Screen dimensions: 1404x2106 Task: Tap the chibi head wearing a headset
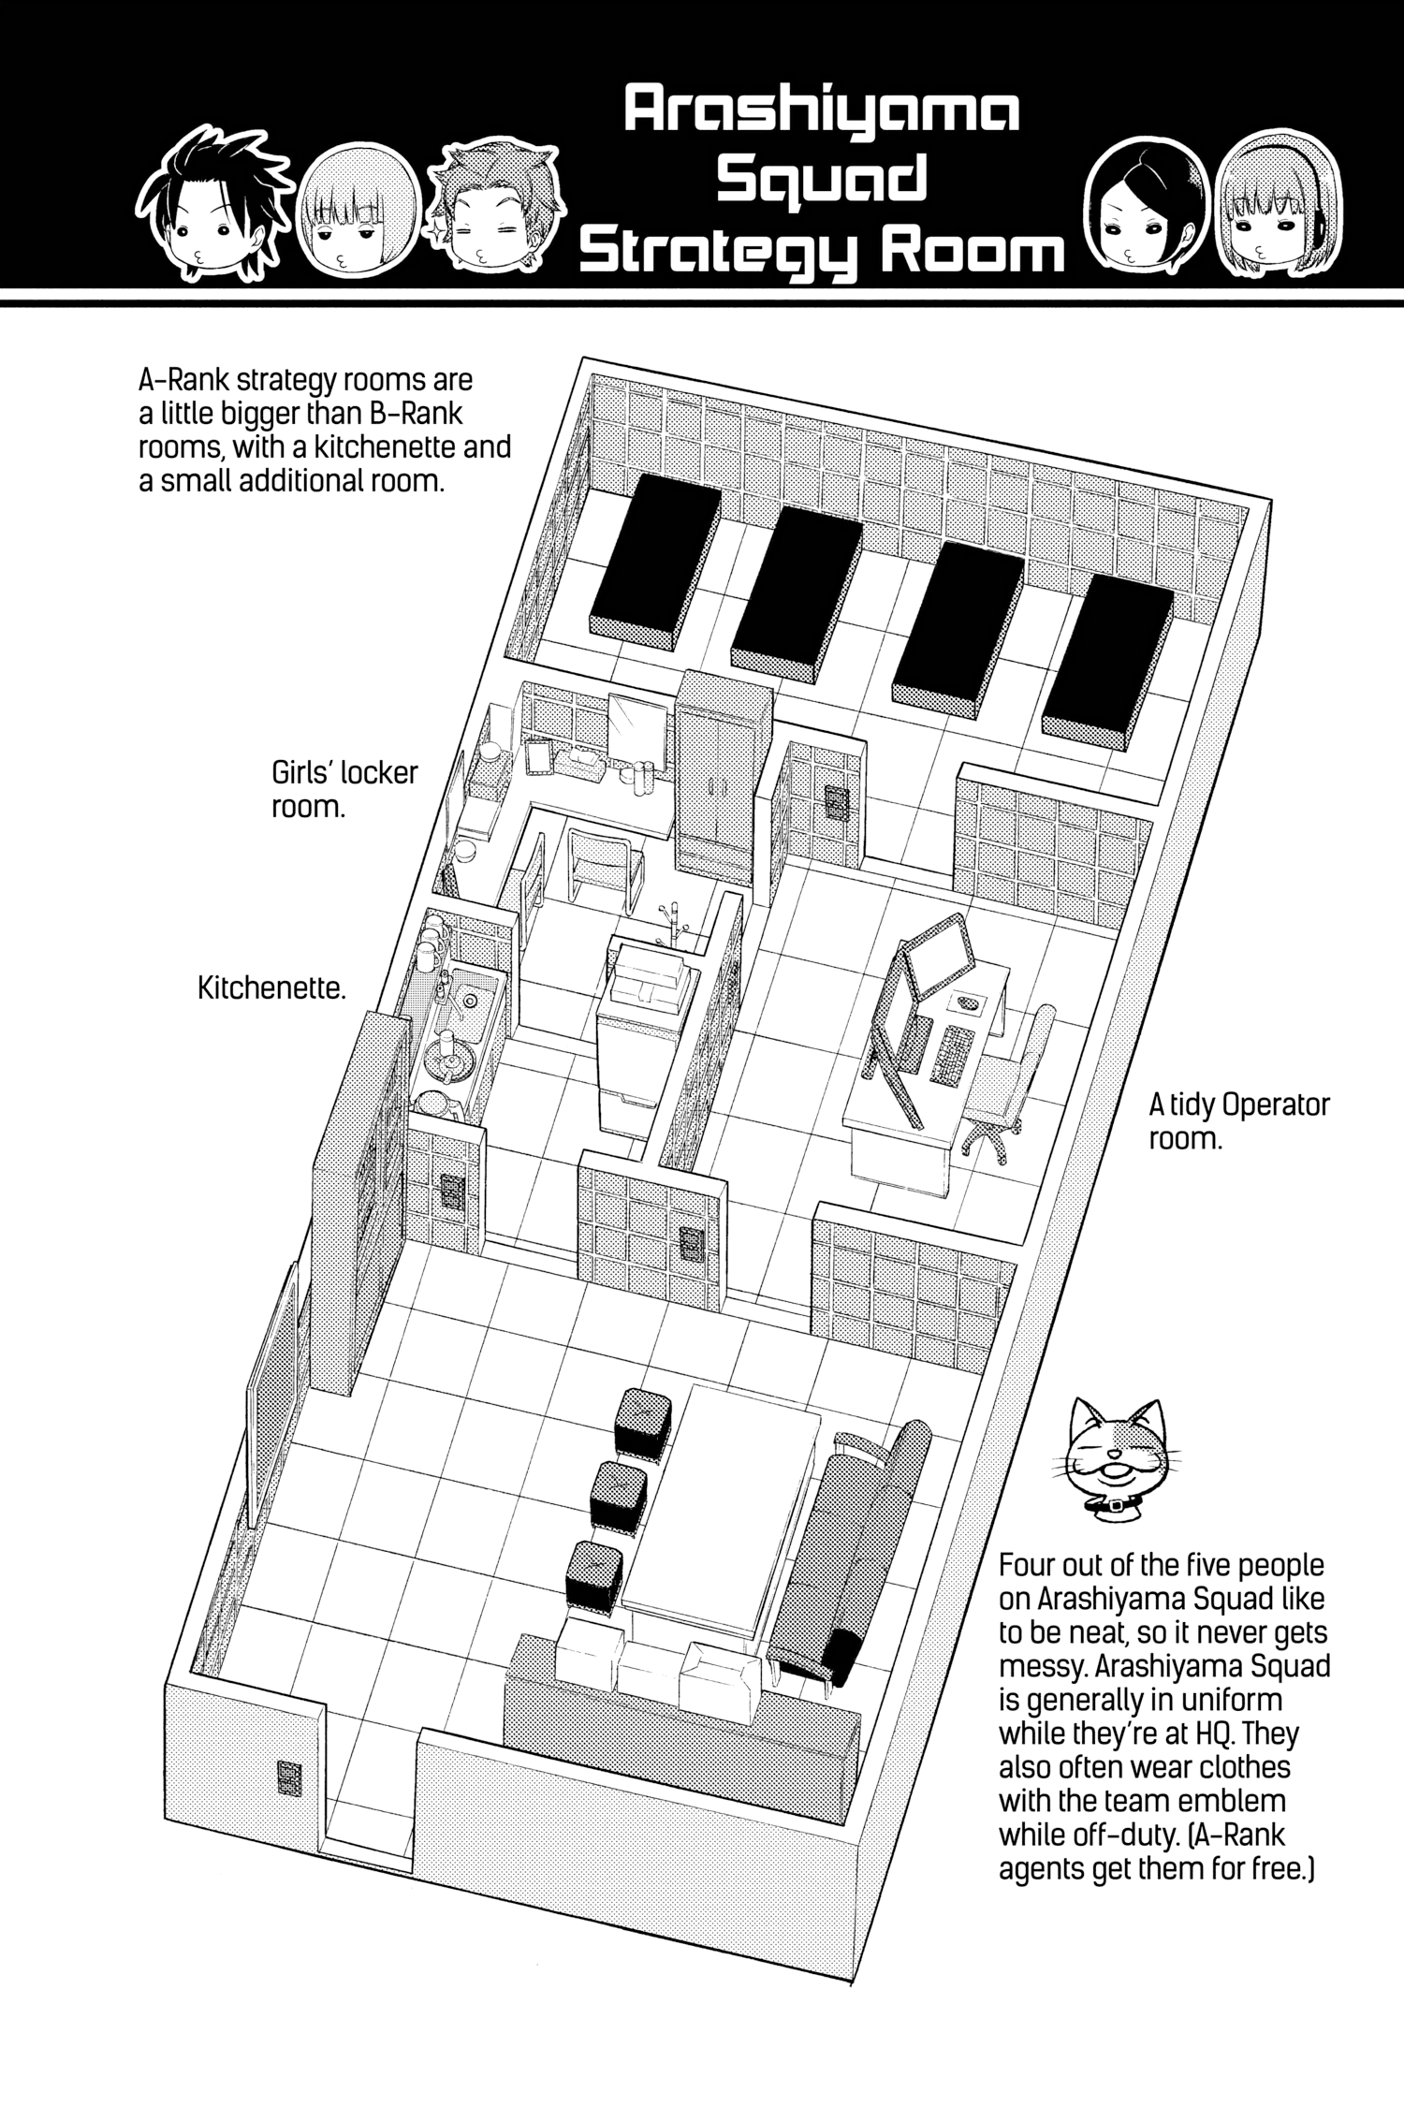coord(1263,214)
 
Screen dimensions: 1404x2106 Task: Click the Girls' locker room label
coord(344,790)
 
